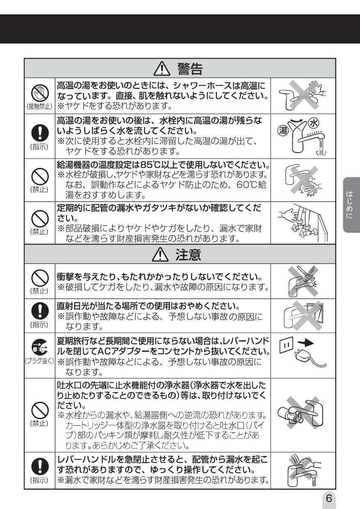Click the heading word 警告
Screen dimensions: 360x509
coord(190,69)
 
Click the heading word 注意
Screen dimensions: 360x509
coord(188,255)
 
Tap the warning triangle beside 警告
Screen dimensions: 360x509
coord(162,69)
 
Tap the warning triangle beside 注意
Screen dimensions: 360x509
coord(160,255)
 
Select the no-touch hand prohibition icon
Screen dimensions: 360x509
coord(40,93)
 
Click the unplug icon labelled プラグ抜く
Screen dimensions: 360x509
coord(39,347)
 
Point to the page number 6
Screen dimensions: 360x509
coord(329,498)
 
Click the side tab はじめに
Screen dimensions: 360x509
coord(350,205)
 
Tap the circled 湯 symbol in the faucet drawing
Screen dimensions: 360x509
coord(283,131)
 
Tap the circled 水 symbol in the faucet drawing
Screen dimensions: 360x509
coord(313,123)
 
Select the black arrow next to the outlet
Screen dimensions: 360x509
coord(305,343)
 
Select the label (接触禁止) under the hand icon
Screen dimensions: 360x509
coord(39,106)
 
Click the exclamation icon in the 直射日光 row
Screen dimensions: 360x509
coord(40,311)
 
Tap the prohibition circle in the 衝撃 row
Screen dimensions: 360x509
coord(40,278)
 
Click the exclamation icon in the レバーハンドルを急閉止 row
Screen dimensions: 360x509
coord(40,466)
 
